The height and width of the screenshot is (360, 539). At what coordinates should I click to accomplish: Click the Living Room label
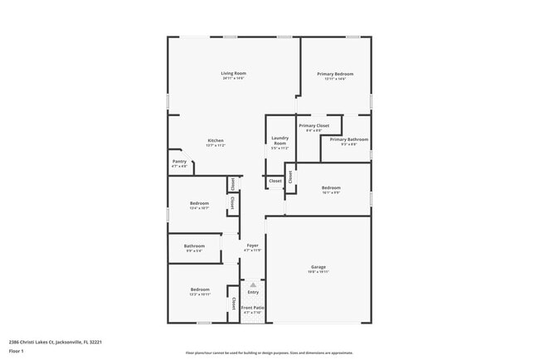(233, 74)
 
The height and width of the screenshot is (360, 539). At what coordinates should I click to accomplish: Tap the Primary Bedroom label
(336, 74)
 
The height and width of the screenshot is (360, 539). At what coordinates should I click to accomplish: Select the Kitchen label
(216, 140)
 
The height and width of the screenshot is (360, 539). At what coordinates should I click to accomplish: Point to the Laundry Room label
(279, 141)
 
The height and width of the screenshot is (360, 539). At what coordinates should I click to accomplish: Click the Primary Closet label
(314, 125)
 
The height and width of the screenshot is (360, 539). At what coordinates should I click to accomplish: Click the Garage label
(319, 266)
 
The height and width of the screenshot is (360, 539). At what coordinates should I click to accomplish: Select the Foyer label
(253, 246)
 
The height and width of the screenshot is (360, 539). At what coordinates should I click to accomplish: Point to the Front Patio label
(253, 308)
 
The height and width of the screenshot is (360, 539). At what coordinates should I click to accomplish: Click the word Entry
(253, 292)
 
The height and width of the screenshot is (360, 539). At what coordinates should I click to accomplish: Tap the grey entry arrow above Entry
(253, 285)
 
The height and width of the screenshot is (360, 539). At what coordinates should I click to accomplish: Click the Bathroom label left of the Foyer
(195, 246)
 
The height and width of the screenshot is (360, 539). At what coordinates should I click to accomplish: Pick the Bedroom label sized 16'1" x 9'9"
(331, 187)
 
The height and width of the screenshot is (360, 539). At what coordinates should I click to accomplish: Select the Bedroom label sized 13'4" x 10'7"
(199, 203)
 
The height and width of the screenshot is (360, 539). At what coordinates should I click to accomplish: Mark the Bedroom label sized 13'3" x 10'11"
(199, 289)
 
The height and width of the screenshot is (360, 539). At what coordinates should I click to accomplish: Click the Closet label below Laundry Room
(274, 181)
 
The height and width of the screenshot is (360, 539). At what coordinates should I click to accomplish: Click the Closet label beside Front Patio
(234, 304)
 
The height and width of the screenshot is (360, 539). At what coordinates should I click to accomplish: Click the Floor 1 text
(17, 351)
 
